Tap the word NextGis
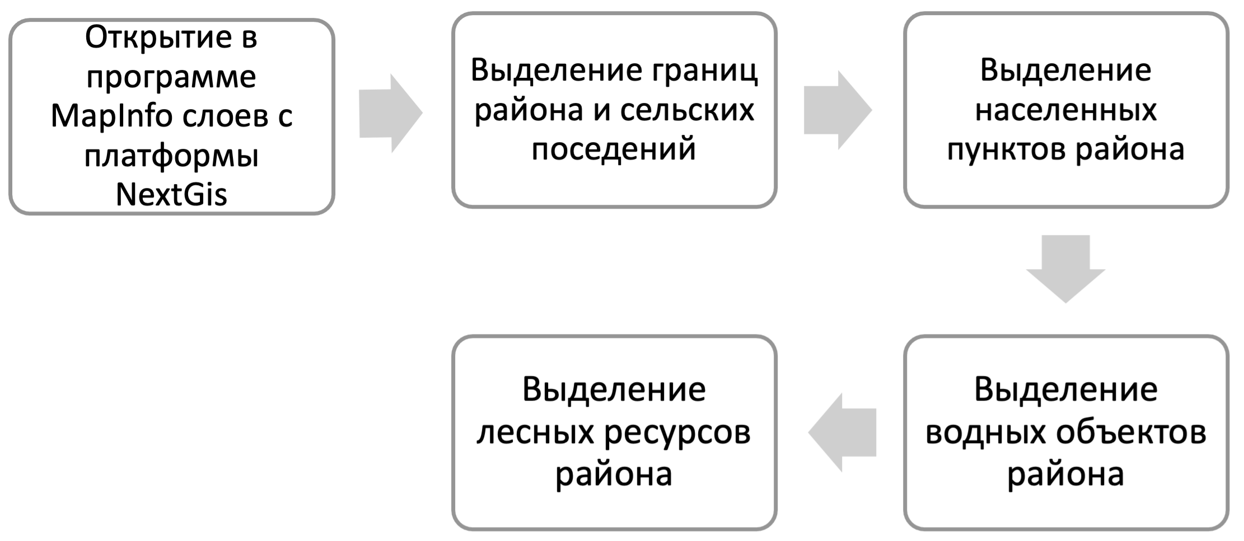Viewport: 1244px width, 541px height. click(171, 195)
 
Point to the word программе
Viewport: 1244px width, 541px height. click(171, 77)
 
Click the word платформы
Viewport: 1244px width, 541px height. click(171, 156)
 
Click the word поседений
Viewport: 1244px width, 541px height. click(614, 149)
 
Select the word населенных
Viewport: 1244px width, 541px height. click(1065, 110)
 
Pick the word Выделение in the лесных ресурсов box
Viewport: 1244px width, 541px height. click(614, 389)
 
